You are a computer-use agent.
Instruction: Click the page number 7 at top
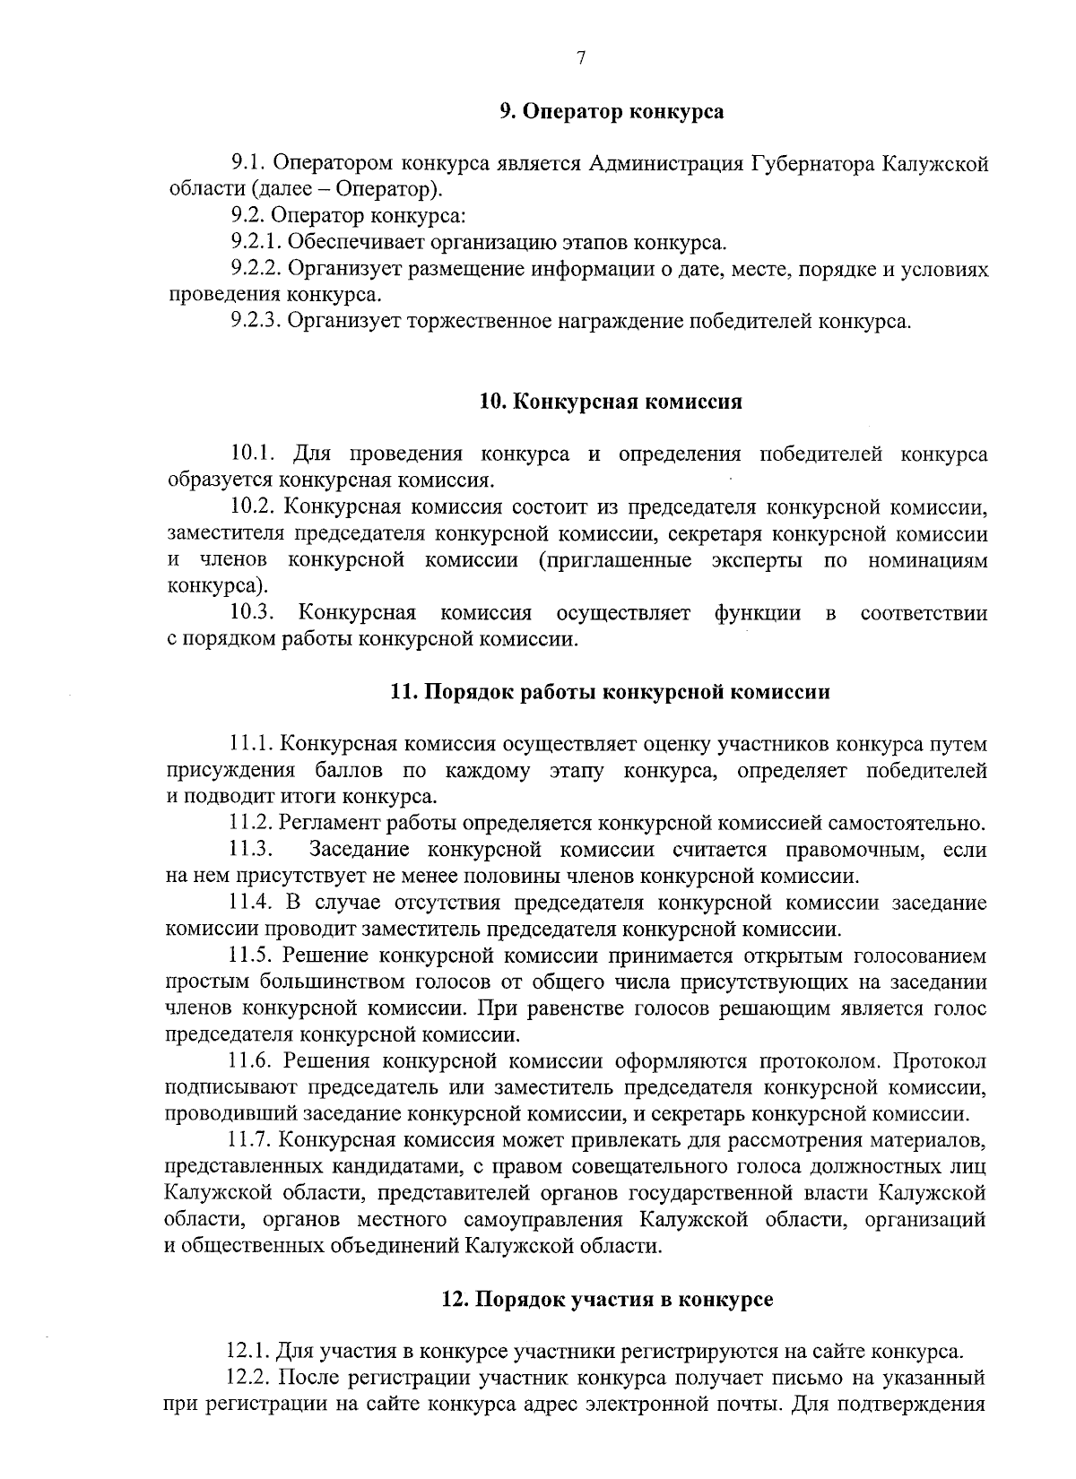coord(581,58)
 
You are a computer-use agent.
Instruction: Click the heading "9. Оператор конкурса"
coord(612,112)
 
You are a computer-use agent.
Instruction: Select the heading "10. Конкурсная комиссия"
coord(611,402)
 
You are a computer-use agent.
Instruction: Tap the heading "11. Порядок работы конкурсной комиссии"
coord(610,692)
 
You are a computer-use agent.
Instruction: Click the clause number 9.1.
coord(247,163)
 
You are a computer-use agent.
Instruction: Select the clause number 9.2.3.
coord(257,321)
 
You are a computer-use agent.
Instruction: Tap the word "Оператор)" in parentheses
coord(402,189)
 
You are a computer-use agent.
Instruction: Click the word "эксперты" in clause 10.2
coord(758,561)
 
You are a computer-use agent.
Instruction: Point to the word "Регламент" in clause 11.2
coord(320,823)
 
